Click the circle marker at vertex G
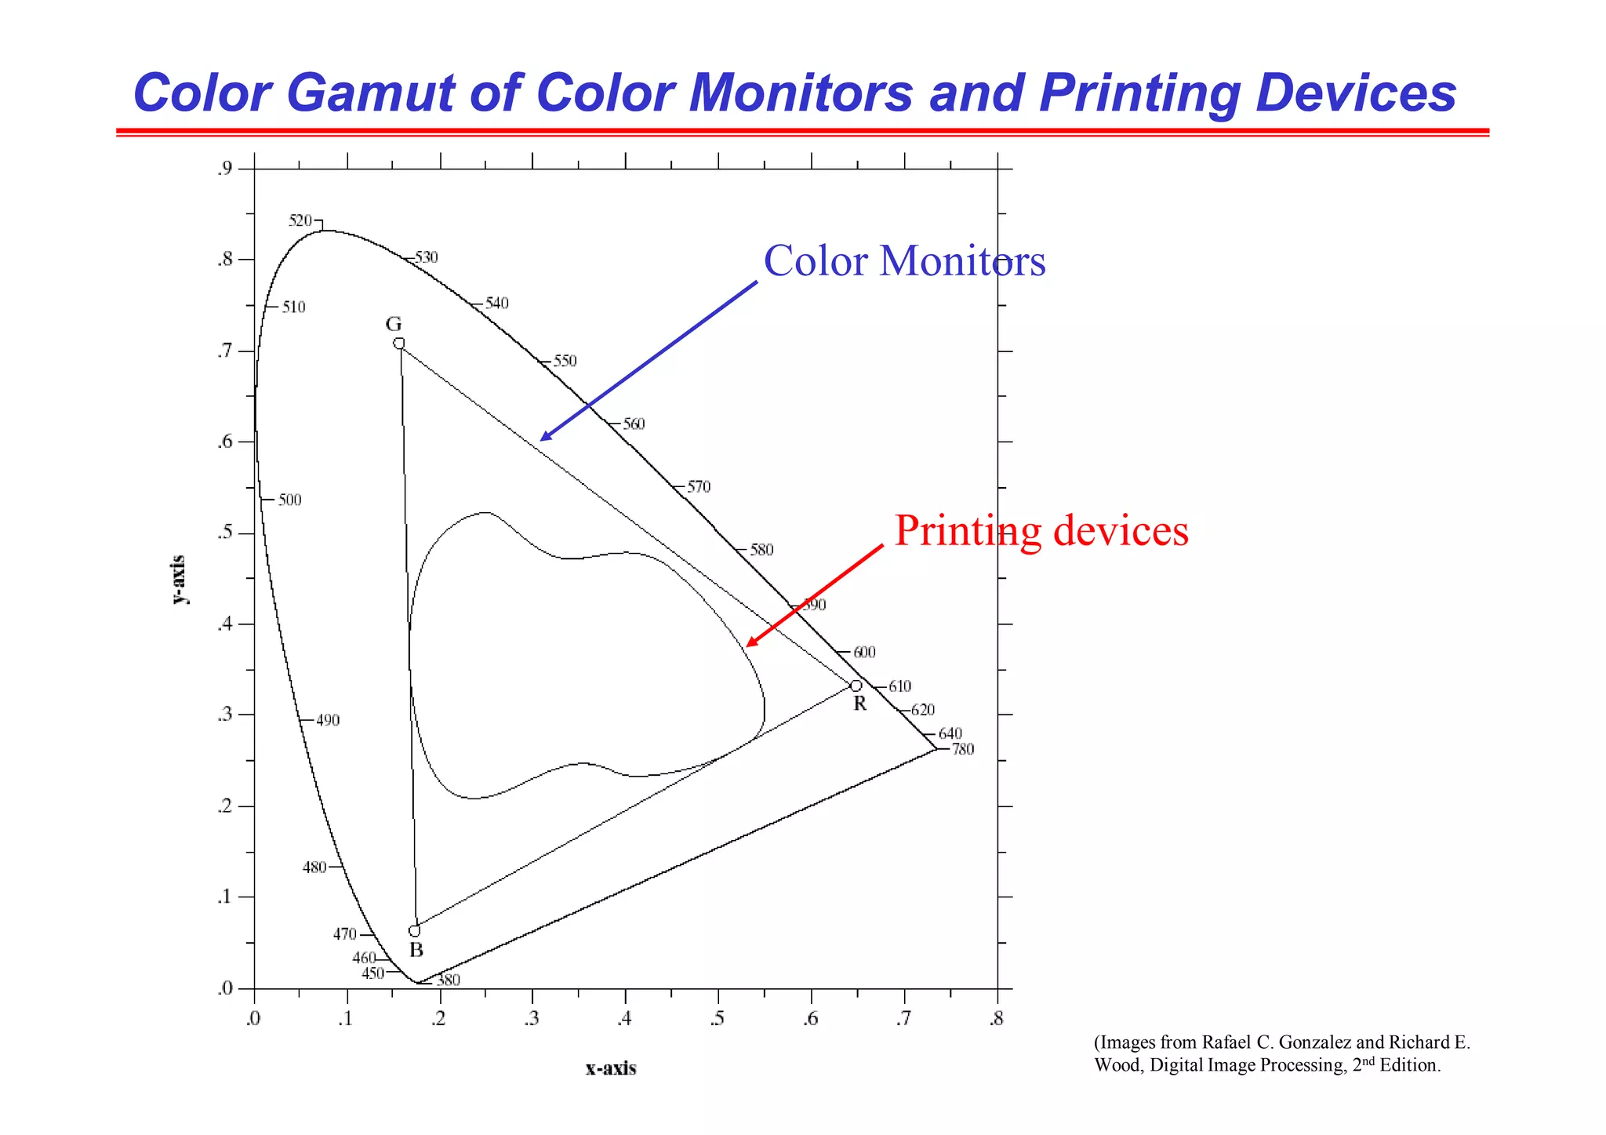coord(398,344)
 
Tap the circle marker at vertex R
coord(856,686)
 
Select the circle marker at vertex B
coord(415,931)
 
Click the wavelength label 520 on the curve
coord(300,220)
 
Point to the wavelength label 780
coord(963,749)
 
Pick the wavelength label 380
coord(449,980)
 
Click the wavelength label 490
coord(328,720)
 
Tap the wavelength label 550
coord(565,362)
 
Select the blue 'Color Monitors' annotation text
coord(904,261)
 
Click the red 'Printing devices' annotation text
coord(1041,531)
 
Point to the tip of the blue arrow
coord(541,440)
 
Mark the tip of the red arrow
coord(747,646)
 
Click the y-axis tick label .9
coord(224,168)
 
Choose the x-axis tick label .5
coord(716,1020)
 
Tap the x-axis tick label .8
coord(996,1020)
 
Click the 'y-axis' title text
coord(180,580)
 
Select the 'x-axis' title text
coord(611,1068)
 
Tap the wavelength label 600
coord(864,652)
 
